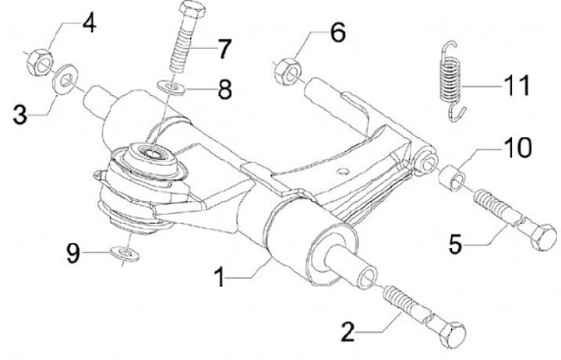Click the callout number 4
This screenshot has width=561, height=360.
point(89,24)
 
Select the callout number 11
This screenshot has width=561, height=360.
point(517,86)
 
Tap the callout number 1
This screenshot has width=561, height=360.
point(220,277)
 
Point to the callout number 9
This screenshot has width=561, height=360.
point(73,254)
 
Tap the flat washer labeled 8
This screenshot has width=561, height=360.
point(171,87)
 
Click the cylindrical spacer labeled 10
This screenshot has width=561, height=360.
point(453,178)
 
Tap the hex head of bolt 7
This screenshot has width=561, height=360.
point(192,9)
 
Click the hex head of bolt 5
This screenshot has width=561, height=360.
point(542,237)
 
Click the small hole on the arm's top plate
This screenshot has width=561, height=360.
point(343,171)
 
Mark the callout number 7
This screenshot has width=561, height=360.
point(224,48)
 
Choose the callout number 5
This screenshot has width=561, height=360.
point(455,245)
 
